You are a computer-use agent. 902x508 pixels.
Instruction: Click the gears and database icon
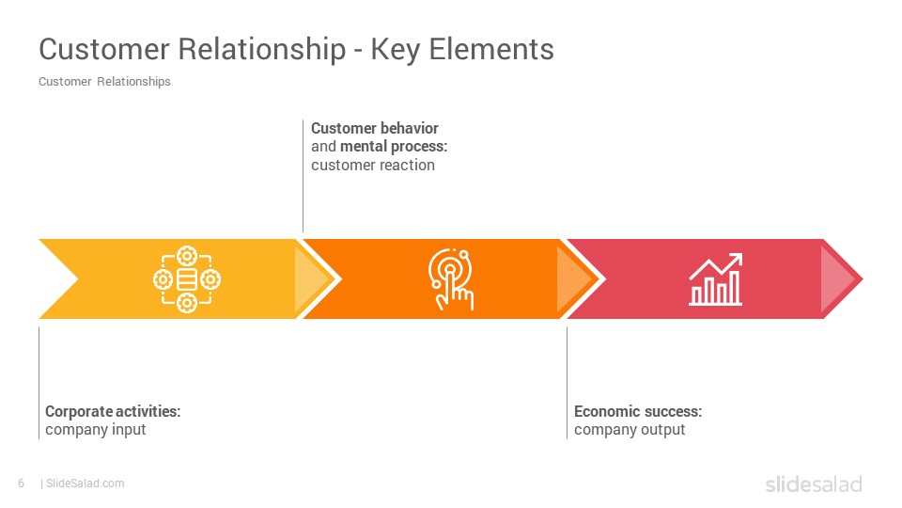pos(187,279)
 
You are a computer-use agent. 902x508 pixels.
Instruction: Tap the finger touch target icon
pos(450,279)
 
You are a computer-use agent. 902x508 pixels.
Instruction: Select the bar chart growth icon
pos(716,279)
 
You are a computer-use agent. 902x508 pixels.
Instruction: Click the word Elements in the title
pos(491,49)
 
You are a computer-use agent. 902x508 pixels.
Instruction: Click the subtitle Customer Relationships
pos(104,82)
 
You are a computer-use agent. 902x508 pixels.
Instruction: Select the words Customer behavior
pos(375,128)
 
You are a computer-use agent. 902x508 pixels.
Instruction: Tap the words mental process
pos(394,147)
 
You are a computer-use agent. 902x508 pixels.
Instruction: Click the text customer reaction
pos(373,166)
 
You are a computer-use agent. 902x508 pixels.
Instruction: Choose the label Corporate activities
pos(113,411)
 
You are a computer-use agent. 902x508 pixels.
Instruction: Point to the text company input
pos(96,430)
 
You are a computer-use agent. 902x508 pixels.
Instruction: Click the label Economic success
pos(638,411)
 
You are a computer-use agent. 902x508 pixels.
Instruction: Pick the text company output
pos(630,430)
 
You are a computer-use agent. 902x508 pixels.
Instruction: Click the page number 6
pos(22,484)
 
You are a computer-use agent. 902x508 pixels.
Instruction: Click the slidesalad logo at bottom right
pos(814,484)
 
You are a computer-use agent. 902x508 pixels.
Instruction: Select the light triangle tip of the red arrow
pos(837,279)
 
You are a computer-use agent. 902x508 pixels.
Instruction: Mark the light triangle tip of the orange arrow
pos(573,279)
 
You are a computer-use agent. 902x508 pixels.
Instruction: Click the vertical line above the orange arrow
pos(303,176)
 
